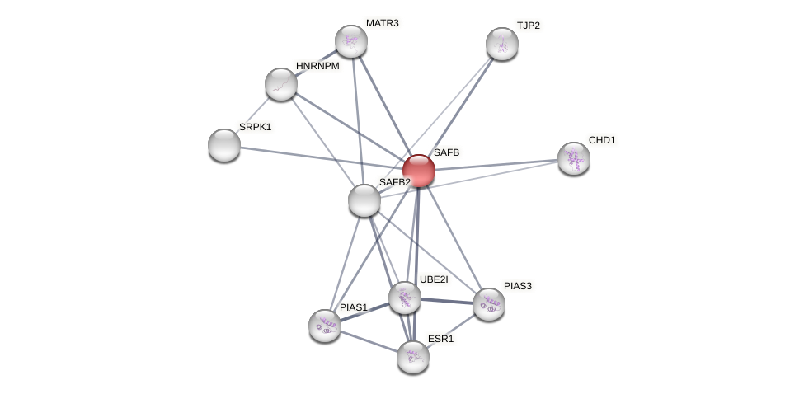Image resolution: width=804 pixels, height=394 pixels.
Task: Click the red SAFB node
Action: (418, 171)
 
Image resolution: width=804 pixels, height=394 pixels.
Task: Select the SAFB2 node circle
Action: (364, 200)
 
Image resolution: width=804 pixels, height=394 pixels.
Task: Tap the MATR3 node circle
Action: (350, 41)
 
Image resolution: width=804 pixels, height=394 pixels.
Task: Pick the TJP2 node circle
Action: (501, 44)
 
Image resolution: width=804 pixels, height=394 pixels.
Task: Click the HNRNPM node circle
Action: (280, 84)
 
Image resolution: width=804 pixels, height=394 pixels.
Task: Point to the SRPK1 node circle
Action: (223, 145)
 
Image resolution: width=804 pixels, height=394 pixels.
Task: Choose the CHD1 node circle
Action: (573, 158)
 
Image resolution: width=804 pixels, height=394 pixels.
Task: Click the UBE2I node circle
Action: (404, 298)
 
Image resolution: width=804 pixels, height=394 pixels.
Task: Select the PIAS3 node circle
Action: (488, 304)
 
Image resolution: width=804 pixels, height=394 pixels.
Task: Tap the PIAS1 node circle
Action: (325, 325)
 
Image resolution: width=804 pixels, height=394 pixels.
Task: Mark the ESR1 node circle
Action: (412, 357)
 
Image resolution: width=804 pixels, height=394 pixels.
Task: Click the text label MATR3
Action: (382, 23)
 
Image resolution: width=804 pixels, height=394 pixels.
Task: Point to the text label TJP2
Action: (528, 26)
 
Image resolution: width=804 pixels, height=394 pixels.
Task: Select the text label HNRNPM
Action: (317, 66)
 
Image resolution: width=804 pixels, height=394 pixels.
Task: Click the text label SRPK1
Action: (255, 127)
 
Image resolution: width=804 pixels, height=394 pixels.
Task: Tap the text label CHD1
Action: (602, 140)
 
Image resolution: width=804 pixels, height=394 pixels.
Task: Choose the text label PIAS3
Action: (518, 286)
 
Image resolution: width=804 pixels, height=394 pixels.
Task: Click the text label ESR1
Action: (440, 339)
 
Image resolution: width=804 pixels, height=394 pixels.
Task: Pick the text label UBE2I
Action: (434, 279)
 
